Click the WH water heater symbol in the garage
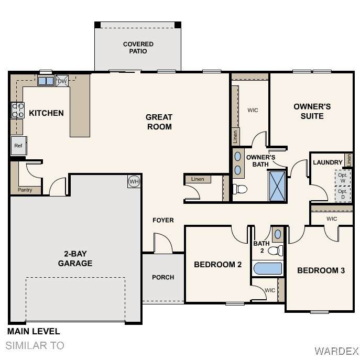pyautogui.click(x=134, y=182)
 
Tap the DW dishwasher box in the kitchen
pyautogui.click(x=62, y=81)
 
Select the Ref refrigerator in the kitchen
pyautogui.click(x=18, y=146)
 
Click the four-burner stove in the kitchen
pyautogui.click(x=18, y=110)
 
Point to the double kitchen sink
pyautogui.click(x=46, y=81)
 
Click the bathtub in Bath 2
pyautogui.click(x=268, y=268)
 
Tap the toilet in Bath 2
pyautogui.click(x=276, y=250)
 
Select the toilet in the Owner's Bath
pyautogui.click(x=240, y=189)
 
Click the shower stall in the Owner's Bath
pyautogui.click(x=277, y=186)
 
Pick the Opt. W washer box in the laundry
pyautogui.click(x=343, y=178)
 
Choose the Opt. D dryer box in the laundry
pyautogui.click(x=343, y=194)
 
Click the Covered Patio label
pyautogui.click(x=138, y=48)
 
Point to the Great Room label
pyautogui.click(x=159, y=122)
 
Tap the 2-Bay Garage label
pyautogui.click(x=75, y=258)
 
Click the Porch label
pyautogui.click(x=163, y=277)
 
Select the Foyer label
pyautogui.click(x=163, y=220)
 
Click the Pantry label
pyautogui.click(x=25, y=190)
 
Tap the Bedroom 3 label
pyautogui.click(x=321, y=270)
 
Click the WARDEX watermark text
pyautogui.click(x=336, y=351)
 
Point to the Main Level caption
pyautogui.click(x=34, y=331)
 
